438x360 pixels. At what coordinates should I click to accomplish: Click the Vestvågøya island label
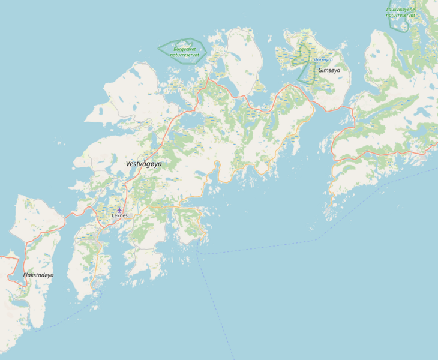(x=144, y=163)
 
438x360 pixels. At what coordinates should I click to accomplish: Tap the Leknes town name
(x=119, y=215)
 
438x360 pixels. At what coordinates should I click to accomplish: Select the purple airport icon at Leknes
(x=119, y=210)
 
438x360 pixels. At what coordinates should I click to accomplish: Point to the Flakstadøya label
(x=38, y=275)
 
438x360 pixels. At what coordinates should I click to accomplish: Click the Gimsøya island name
(x=329, y=70)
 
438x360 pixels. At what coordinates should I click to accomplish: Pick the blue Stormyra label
(x=322, y=60)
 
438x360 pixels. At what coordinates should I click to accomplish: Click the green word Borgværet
(x=184, y=49)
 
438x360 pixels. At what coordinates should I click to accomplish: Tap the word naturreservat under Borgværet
(x=184, y=55)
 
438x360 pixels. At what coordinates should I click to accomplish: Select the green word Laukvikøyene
(x=400, y=9)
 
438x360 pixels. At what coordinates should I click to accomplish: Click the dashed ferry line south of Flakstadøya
(x=60, y=323)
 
